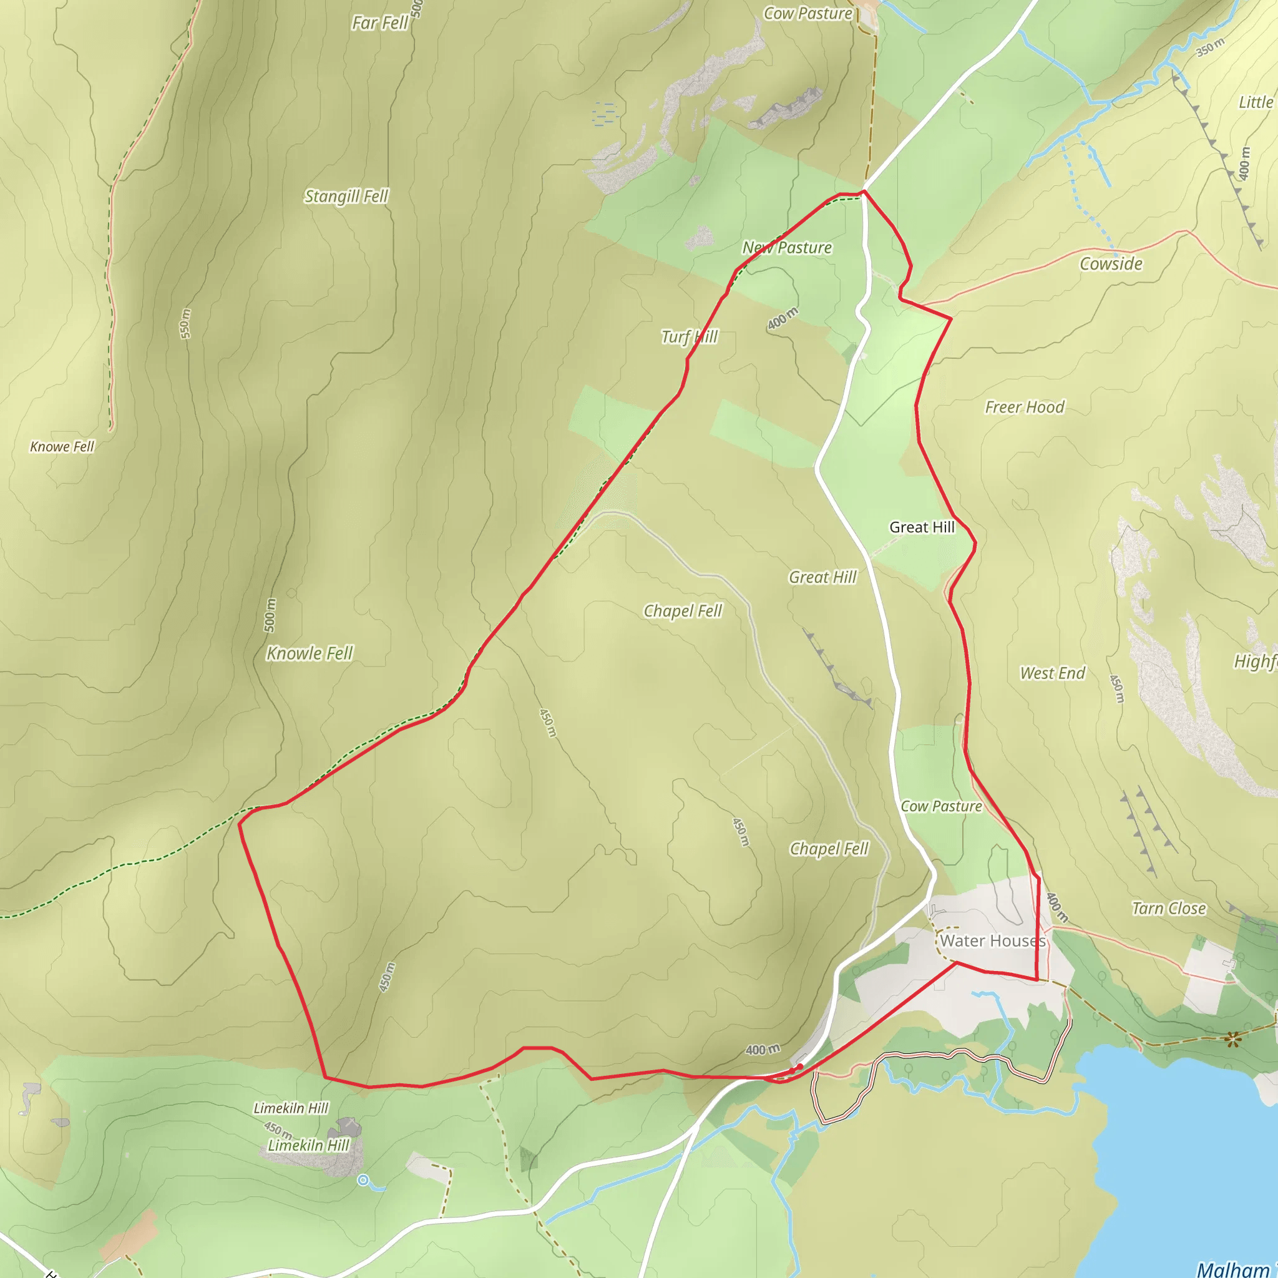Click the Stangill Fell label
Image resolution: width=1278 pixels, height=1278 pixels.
pyautogui.click(x=346, y=197)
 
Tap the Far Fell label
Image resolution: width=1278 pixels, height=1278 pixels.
pyautogui.click(x=379, y=23)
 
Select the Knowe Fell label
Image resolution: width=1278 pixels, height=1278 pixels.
pyautogui.click(x=62, y=447)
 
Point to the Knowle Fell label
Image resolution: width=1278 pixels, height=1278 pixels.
pyautogui.click(x=310, y=653)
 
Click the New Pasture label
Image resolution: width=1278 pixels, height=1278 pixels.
pyautogui.click(x=786, y=247)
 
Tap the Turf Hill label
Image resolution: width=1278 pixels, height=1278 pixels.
pyautogui.click(x=690, y=337)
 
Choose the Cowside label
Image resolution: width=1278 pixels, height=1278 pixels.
pyautogui.click(x=1111, y=264)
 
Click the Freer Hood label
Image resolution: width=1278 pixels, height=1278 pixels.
pyautogui.click(x=1024, y=407)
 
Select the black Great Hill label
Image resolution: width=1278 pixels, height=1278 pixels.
pyautogui.click(x=922, y=527)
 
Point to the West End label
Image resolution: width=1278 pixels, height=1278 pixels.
pyautogui.click(x=1053, y=673)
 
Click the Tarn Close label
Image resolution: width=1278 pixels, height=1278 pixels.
pyautogui.click(x=1168, y=908)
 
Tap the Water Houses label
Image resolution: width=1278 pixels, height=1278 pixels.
pyautogui.click(x=992, y=940)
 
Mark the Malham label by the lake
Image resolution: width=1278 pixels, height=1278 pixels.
pyautogui.click(x=1233, y=1268)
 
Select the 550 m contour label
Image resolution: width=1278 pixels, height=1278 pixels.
pyautogui.click(x=186, y=323)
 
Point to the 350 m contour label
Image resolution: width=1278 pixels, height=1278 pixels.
pyautogui.click(x=1210, y=47)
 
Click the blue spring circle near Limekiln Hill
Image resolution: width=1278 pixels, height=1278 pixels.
pyautogui.click(x=363, y=1180)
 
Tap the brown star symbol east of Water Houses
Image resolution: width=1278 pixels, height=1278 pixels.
pyautogui.click(x=1232, y=1039)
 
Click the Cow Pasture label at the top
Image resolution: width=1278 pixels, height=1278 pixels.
pyautogui.click(x=807, y=13)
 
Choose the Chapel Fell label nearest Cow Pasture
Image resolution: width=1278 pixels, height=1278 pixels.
pyautogui.click(x=829, y=849)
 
